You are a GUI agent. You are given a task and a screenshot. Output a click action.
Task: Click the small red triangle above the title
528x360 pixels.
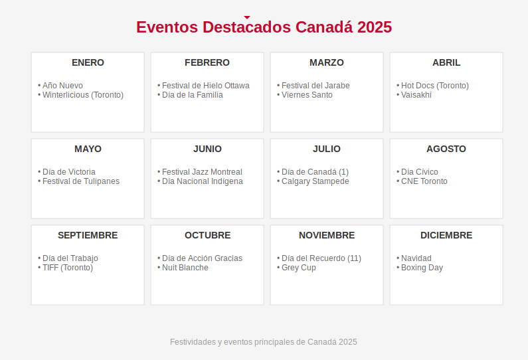pyautogui.click(x=247, y=17)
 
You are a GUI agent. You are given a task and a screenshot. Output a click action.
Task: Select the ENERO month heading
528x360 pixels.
pyautogui.click(x=88, y=62)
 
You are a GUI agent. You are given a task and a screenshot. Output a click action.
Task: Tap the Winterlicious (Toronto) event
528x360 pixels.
pyautogui.click(x=83, y=95)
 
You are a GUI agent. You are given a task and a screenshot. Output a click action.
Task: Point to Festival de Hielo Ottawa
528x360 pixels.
pyautogui.click(x=206, y=86)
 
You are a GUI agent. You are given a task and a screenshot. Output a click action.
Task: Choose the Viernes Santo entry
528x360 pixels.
pyautogui.click(x=307, y=95)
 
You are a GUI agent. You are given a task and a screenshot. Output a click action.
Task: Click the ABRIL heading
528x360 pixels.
pyautogui.click(x=446, y=62)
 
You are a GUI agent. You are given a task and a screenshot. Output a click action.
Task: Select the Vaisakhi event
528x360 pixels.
pyautogui.click(x=416, y=95)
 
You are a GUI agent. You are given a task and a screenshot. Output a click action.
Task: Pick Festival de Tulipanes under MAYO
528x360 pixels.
pyautogui.click(x=81, y=181)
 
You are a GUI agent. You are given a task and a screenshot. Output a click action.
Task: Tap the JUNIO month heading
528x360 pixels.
pyautogui.click(x=207, y=149)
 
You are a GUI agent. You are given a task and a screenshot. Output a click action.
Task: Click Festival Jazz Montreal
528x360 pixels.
pyautogui.click(x=202, y=172)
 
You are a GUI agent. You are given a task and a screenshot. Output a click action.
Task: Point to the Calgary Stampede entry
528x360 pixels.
pyautogui.click(x=315, y=181)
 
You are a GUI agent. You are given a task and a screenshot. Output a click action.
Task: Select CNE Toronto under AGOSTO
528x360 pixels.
pyautogui.click(x=424, y=181)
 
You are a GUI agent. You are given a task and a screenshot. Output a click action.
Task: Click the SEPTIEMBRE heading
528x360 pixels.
pyautogui.click(x=88, y=235)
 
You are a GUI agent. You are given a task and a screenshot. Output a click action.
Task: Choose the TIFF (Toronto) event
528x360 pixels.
pyautogui.click(x=68, y=268)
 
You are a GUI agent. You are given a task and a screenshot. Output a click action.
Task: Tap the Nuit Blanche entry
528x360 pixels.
pyautogui.click(x=185, y=268)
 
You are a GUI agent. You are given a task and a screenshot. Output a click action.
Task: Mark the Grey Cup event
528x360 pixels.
pyautogui.click(x=299, y=268)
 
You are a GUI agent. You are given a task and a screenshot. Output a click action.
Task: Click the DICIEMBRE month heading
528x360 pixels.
pyautogui.click(x=446, y=235)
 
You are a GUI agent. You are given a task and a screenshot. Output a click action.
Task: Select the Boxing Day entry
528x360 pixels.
pyautogui.click(x=422, y=268)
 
